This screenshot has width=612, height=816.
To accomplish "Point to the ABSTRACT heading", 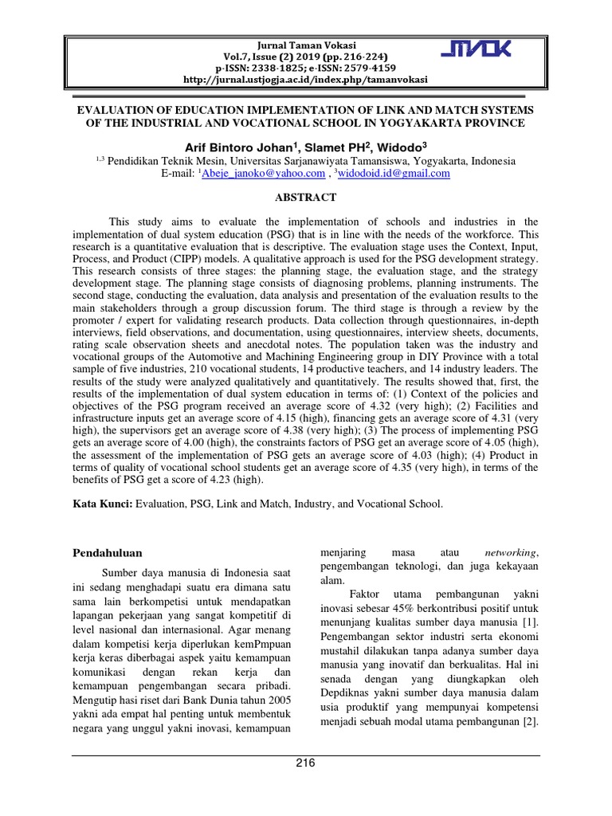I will (306, 198).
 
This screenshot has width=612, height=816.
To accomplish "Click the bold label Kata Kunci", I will (102, 504).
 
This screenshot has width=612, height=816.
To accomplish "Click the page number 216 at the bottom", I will (306, 763).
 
